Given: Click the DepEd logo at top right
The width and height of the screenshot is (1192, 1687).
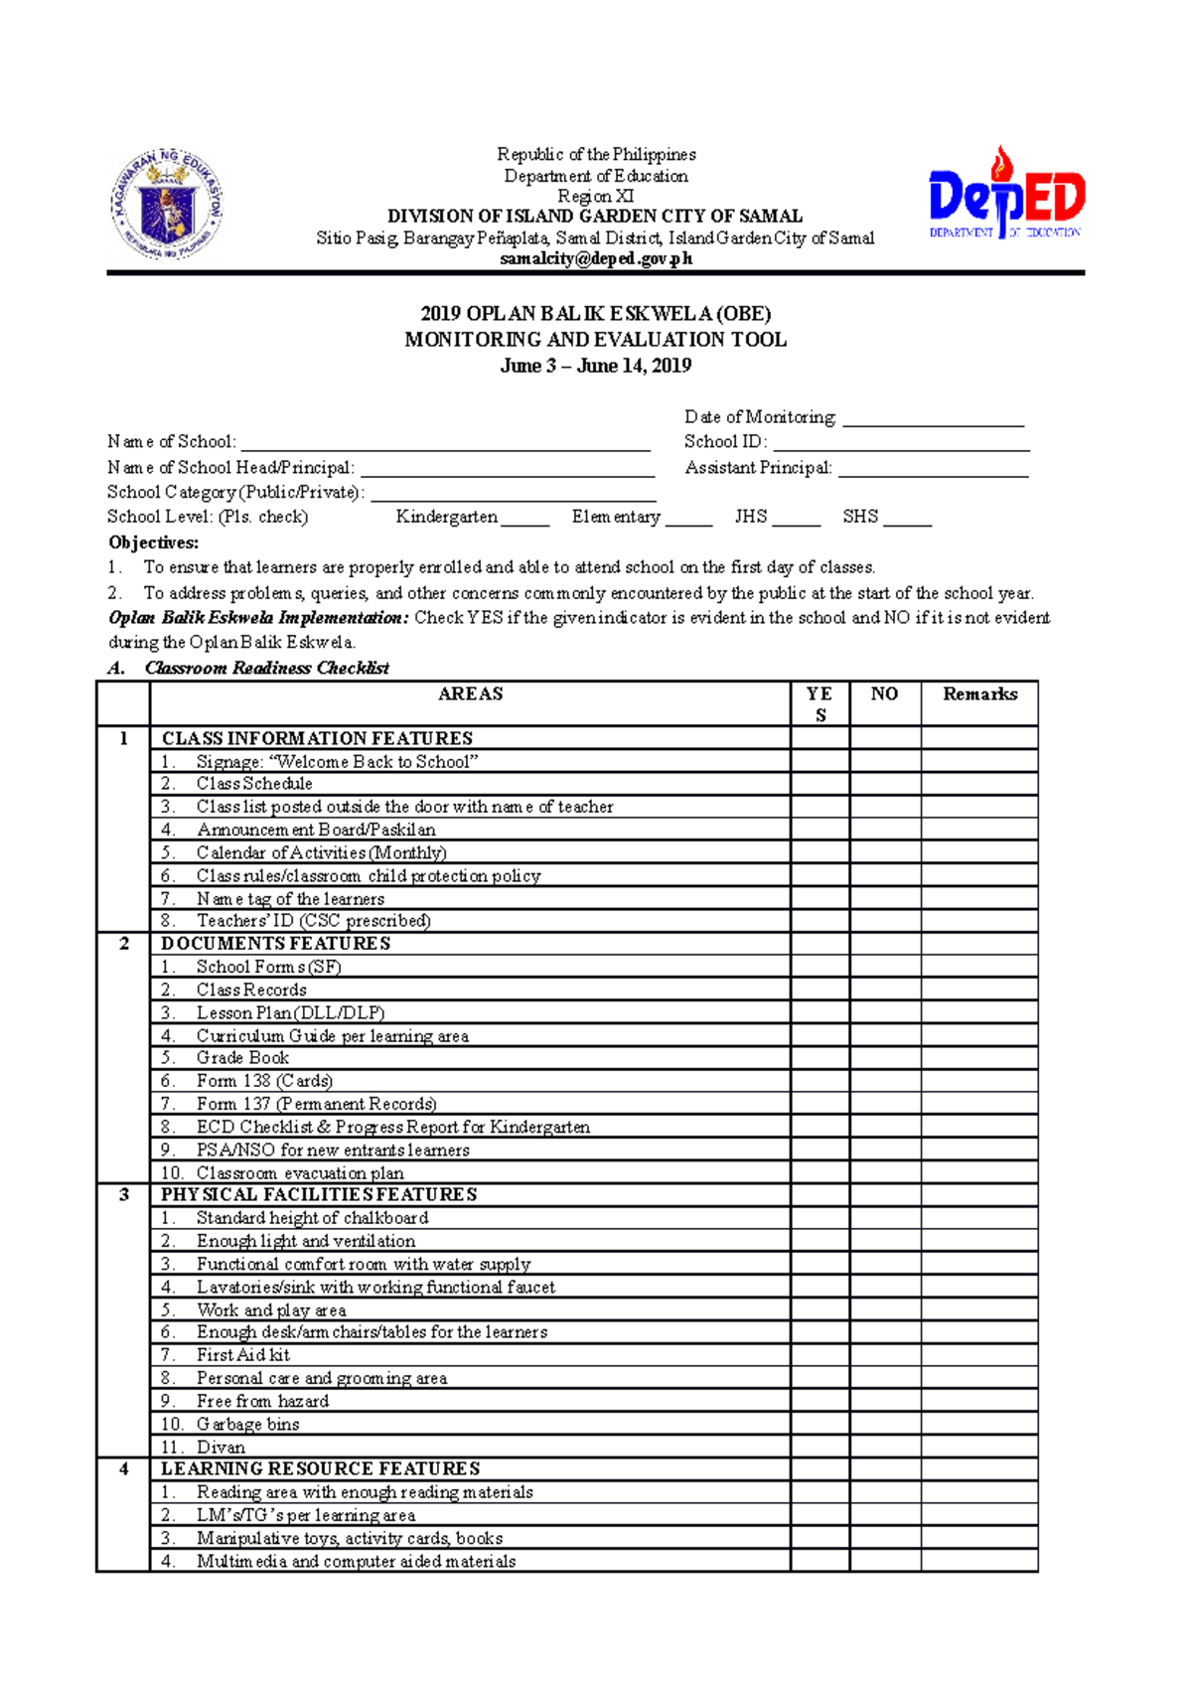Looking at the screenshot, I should coord(1005,196).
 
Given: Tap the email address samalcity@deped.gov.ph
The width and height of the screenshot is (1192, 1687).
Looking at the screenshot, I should coord(596,259).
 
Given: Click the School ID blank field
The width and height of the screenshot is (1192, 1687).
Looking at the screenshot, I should coord(900,443).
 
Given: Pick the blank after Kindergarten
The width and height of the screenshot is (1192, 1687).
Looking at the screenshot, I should coord(524,519).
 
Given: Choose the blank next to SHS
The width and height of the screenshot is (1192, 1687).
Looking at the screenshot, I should coord(907,519).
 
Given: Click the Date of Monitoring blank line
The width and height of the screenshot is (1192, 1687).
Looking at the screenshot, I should coord(933,418).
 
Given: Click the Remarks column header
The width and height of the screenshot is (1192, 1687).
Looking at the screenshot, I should coord(979,694).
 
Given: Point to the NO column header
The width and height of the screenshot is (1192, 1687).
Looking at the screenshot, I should coord(884,694).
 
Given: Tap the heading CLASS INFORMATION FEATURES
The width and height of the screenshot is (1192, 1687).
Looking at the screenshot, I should coord(317,738).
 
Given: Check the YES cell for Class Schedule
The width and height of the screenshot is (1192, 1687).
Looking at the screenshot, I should coord(819,784).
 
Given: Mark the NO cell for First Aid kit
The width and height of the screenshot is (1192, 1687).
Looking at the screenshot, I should coord(884,1355).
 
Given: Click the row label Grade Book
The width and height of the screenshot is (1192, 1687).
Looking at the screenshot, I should coord(242,1058).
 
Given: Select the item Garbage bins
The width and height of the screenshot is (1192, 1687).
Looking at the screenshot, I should coord(247,1424).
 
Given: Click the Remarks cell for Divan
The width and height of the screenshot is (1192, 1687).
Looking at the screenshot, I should coord(978,1447).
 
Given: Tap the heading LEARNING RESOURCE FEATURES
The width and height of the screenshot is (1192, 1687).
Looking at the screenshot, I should coord(320,1468).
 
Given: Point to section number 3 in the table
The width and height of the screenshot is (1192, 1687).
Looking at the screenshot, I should coord(123,1194).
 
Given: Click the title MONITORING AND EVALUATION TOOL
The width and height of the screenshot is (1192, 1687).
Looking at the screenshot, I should coord(595,340).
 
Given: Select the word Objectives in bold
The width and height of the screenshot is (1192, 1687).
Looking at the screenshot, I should coord(153,542).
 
